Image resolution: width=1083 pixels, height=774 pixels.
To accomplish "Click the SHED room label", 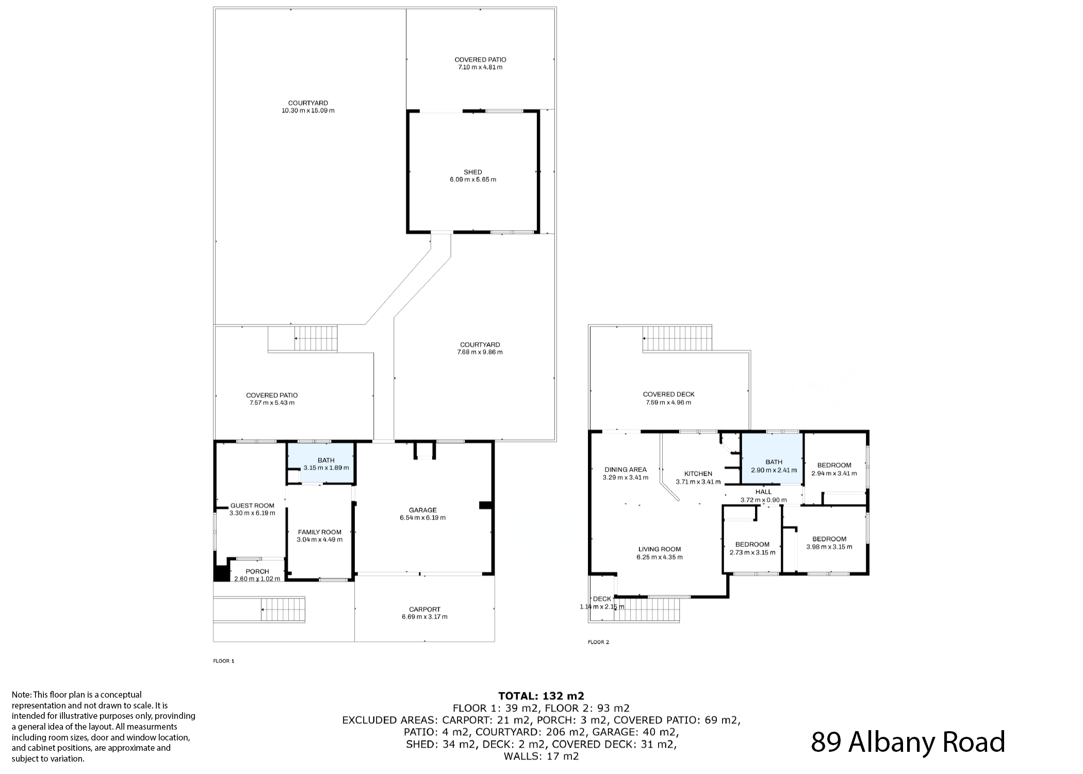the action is coord(473,172).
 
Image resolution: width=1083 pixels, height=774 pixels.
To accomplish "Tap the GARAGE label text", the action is coord(423,510).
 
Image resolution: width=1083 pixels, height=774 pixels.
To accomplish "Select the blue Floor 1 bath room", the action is coord(321,463).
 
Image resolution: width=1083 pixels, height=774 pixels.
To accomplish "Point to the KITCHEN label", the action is coord(698,474).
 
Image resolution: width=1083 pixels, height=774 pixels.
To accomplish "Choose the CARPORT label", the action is coord(425,609).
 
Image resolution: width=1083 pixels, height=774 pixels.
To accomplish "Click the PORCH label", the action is coord(257,571).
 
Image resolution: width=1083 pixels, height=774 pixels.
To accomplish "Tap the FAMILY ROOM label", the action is coord(320,532).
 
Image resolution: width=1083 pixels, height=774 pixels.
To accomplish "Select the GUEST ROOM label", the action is coord(252,506).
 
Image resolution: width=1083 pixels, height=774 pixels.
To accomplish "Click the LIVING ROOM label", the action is coord(660,550).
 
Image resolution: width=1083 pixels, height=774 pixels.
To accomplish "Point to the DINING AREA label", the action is coord(626,470).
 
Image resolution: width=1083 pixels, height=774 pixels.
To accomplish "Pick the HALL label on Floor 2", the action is coord(764,492).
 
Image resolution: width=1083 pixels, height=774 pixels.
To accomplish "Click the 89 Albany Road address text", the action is coord(908,742).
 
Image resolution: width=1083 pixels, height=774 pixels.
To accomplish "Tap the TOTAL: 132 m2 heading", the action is coord(541,696).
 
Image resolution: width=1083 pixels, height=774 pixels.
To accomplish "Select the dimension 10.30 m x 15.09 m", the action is coord(308,111).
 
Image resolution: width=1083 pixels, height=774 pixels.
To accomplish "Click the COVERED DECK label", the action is coord(669,395).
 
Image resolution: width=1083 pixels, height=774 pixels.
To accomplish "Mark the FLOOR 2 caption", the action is coord(598,642).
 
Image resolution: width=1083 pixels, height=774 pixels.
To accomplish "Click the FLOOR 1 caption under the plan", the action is coord(224,661).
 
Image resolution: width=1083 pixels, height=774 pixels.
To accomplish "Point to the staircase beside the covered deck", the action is coord(677,338).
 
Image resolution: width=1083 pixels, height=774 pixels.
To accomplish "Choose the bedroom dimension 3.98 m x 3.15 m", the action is coord(829,547).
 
